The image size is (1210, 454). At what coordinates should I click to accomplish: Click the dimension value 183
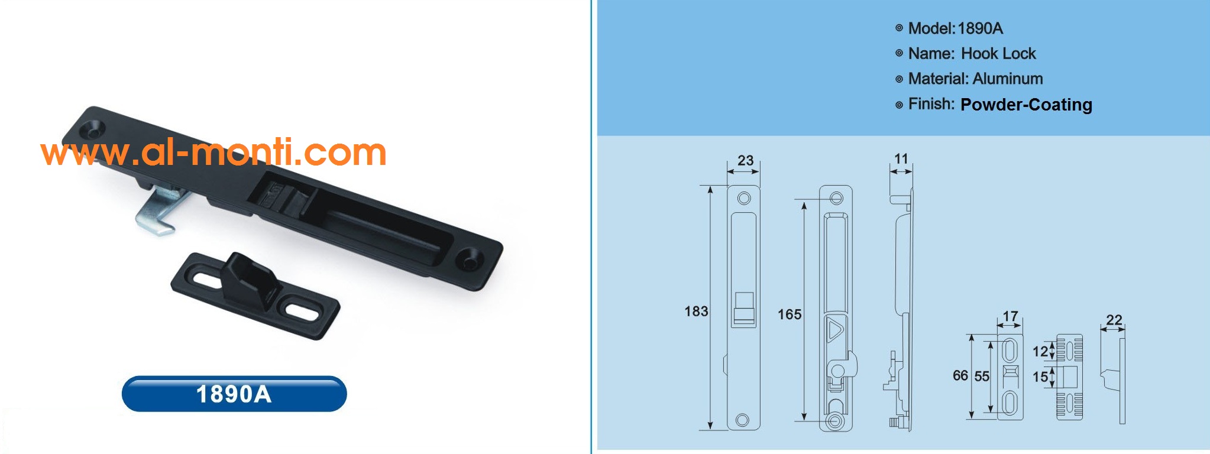pyautogui.click(x=695, y=312)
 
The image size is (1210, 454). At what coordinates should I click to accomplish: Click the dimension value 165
pyautogui.click(x=790, y=314)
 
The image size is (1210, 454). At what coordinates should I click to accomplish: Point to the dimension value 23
pyautogui.click(x=745, y=160)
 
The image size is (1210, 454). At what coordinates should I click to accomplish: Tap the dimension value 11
pyautogui.click(x=901, y=158)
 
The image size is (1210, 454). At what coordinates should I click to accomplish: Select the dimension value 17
pyautogui.click(x=1010, y=316)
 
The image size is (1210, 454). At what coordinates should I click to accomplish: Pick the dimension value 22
pyautogui.click(x=1114, y=320)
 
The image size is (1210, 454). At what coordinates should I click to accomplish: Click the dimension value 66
pyautogui.click(x=960, y=375)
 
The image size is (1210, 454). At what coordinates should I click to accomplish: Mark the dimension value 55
pyautogui.click(x=982, y=376)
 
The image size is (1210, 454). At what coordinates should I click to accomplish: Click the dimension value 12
pyautogui.click(x=1040, y=352)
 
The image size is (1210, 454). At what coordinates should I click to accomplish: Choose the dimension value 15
pyautogui.click(x=1040, y=377)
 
